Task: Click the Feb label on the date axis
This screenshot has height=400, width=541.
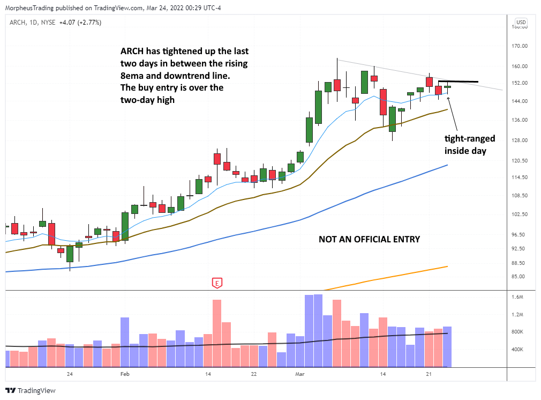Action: (125, 374)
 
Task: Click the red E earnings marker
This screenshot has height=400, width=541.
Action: (217, 283)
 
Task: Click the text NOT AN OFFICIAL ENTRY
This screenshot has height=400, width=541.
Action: (369, 239)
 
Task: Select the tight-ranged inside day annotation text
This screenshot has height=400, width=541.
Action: (470, 145)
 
